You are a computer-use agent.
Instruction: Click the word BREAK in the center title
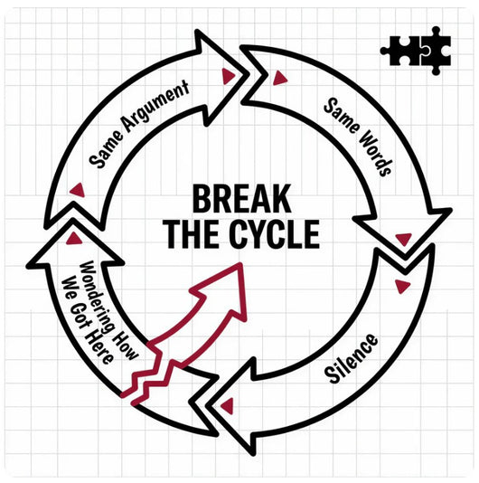(x=242, y=199)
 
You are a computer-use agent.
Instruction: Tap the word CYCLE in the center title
(x=274, y=234)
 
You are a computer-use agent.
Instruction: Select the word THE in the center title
(x=193, y=234)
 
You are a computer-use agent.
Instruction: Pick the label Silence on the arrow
(x=352, y=358)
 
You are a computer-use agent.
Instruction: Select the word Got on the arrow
(x=80, y=317)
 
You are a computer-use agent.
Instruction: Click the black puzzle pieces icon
(x=416, y=51)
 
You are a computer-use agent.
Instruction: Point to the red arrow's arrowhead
(x=221, y=290)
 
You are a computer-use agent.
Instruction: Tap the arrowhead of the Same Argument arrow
(x=222, y=77)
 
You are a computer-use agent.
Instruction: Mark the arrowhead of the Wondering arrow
(x=74, y=242)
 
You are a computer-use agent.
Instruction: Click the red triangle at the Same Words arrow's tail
(x=279, y=78)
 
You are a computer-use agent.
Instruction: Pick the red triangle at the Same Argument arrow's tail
(x=78, y=190)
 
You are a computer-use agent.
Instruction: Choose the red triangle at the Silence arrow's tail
(x=402, y=287)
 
